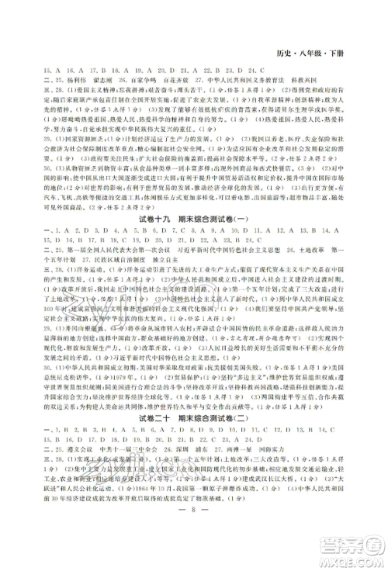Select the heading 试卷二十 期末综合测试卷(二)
click(x=192, y=440)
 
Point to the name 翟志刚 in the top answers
click(x=102, y=80)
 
